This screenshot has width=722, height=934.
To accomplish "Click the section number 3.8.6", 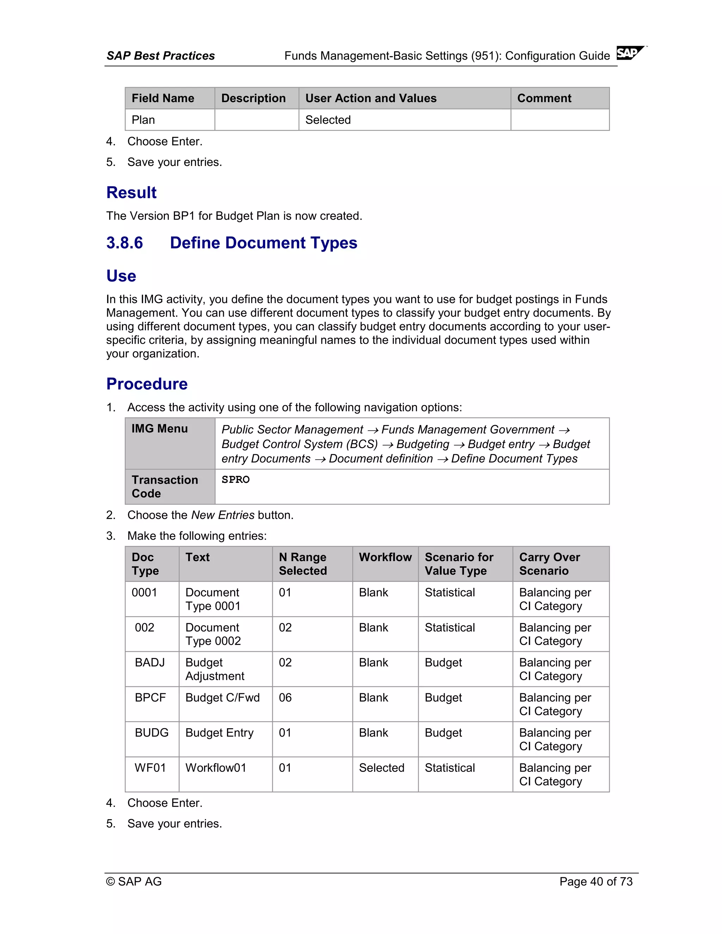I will click(124, 243).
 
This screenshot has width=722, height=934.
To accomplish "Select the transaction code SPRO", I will click(235, 479).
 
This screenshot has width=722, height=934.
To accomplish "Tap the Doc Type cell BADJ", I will click(150, 663).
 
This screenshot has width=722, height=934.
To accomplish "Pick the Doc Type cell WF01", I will click(150, 768).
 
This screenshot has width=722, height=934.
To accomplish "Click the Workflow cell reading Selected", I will click(381, 768).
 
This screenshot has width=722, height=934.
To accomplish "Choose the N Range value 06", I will click(285, 698).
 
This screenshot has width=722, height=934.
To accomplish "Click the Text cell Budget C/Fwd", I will click(222, 698).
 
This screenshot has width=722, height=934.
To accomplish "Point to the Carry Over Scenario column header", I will click(549, 564).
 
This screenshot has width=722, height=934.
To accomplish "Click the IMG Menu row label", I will click(160, 429).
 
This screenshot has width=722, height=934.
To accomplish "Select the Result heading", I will click(131, 192).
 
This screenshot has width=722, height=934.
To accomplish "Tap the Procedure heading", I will click(147, 383).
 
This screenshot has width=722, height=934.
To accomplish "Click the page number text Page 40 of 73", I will click(595, 881).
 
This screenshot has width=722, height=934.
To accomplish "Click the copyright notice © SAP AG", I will click(134, 881).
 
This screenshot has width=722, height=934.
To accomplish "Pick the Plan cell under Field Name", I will click(143, 120).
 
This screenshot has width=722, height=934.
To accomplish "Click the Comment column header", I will click(544, 98).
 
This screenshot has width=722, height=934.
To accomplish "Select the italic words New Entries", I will click(222, 515).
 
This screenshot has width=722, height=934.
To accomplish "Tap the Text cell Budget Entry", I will click(219, 733).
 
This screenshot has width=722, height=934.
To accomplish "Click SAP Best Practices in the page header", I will click(160, 56).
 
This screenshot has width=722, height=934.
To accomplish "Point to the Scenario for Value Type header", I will click(459, 564).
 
